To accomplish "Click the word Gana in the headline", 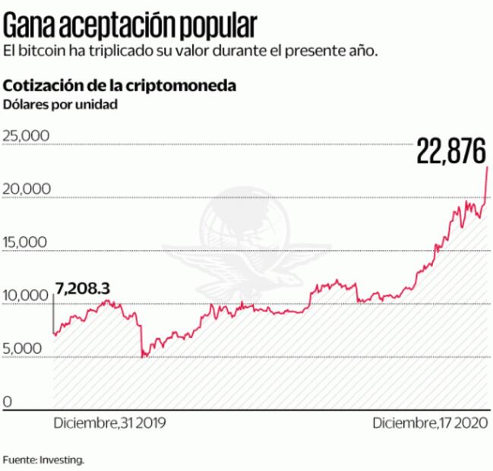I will (x=30, y=26).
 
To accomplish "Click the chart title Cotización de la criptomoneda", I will (x=120, y=85).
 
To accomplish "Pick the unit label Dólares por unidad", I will (x=61, y=104).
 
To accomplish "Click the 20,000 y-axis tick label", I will (x=26, y=188).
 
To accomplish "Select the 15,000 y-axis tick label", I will (x=26, y=242).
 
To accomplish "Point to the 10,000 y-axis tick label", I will (x=26, y=295).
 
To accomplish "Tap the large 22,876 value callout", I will (x=450, y=152).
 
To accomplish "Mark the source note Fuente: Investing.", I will (x=43, y=460).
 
